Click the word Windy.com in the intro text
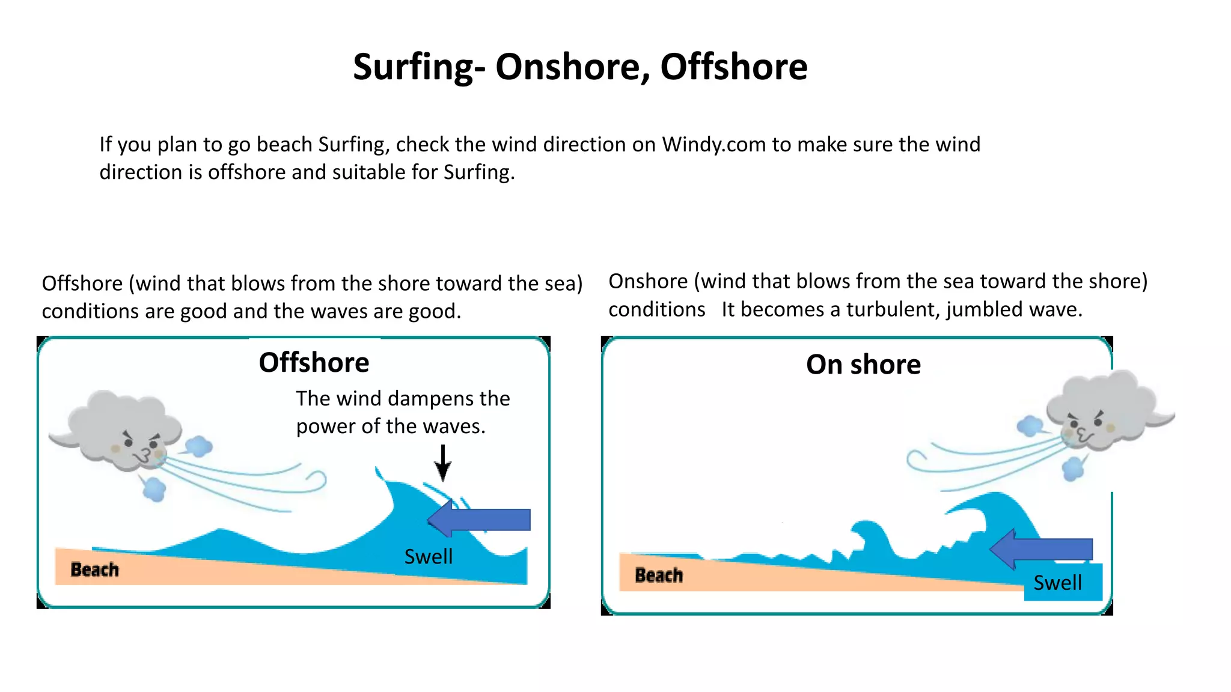click(713, 145)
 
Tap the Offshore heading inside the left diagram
click(314, 363)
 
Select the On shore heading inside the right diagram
click(863, 365)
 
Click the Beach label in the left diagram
click(94, 569)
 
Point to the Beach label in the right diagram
click(659, 575)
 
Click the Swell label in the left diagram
click(428, 557)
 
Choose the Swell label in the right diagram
click(1057, 583)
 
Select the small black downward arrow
click(443, 463)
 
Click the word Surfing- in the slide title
click(418, 67)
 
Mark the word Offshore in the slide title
click(734, 67)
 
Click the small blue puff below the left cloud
click(154, 489)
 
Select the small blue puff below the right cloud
click(1073, 469)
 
